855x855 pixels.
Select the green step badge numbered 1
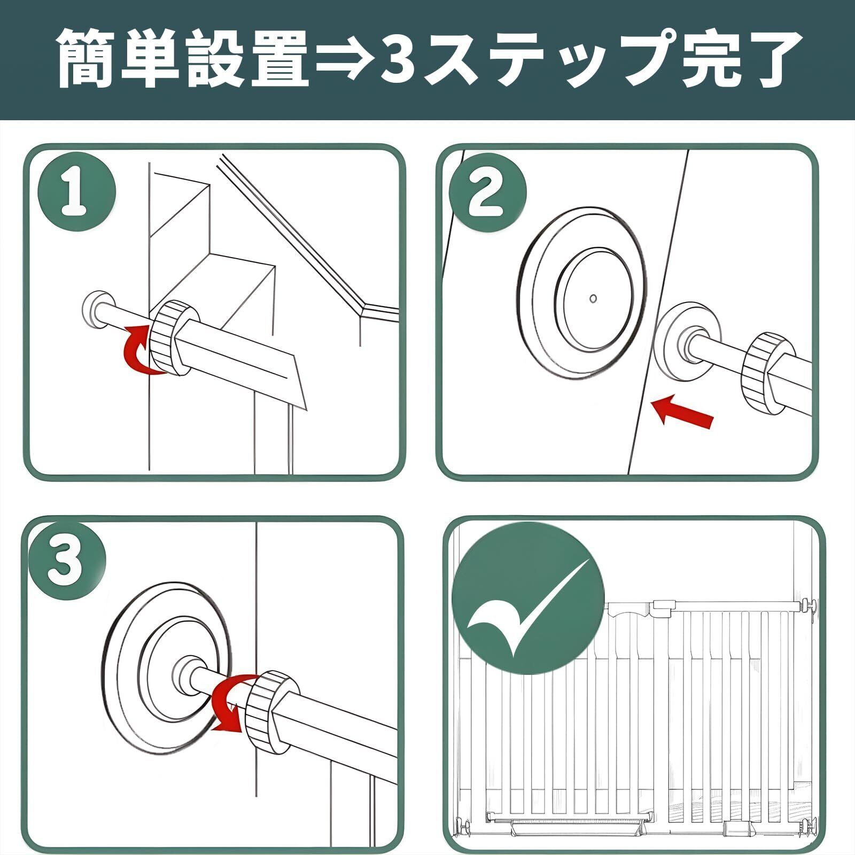(76, 192)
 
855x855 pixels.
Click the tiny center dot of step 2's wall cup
(593, 298)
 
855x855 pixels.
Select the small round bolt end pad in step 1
(96, 308)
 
